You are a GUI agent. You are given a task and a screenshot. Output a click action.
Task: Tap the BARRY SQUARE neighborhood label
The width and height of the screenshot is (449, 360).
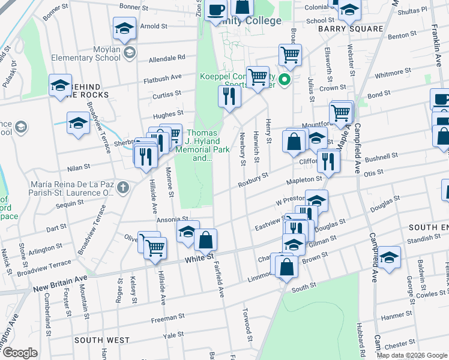pyautogui.click(x=351, y=29)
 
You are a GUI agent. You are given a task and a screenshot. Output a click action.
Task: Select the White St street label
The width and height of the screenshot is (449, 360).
pyautogui.click(x=199, y=257)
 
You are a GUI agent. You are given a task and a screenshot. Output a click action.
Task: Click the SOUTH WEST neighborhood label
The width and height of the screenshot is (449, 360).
pyautogui.click(x=101, y=340)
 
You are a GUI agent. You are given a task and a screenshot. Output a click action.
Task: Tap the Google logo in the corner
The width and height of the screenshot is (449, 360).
pyautogui.click(x=20, y=353)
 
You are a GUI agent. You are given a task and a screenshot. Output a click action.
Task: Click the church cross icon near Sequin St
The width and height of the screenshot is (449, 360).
pyautogui.click(x=123, y=187)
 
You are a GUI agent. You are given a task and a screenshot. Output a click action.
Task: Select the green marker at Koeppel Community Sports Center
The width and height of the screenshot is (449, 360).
pyautogui.click(x=286, y=79)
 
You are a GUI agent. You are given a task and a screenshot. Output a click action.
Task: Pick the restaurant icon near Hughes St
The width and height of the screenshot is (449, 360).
pyautogui.click(x=228, y=96)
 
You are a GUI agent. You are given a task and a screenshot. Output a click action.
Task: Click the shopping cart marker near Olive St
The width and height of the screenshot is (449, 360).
pyautogui.click(x=155, y=246)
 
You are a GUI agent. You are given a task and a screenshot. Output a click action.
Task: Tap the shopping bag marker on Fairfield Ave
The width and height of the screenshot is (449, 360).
pyautogui.click(x=205, y=240)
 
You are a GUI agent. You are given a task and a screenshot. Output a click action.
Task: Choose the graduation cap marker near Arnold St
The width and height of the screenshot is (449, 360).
pyautogui.click(x=124, y=29)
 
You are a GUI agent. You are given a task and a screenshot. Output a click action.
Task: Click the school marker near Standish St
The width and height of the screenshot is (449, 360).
pyautogui.click(x=389, y=257)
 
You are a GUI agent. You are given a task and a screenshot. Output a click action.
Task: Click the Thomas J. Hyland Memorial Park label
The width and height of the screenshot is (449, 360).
pyautogui.click(x=202, y=146)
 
